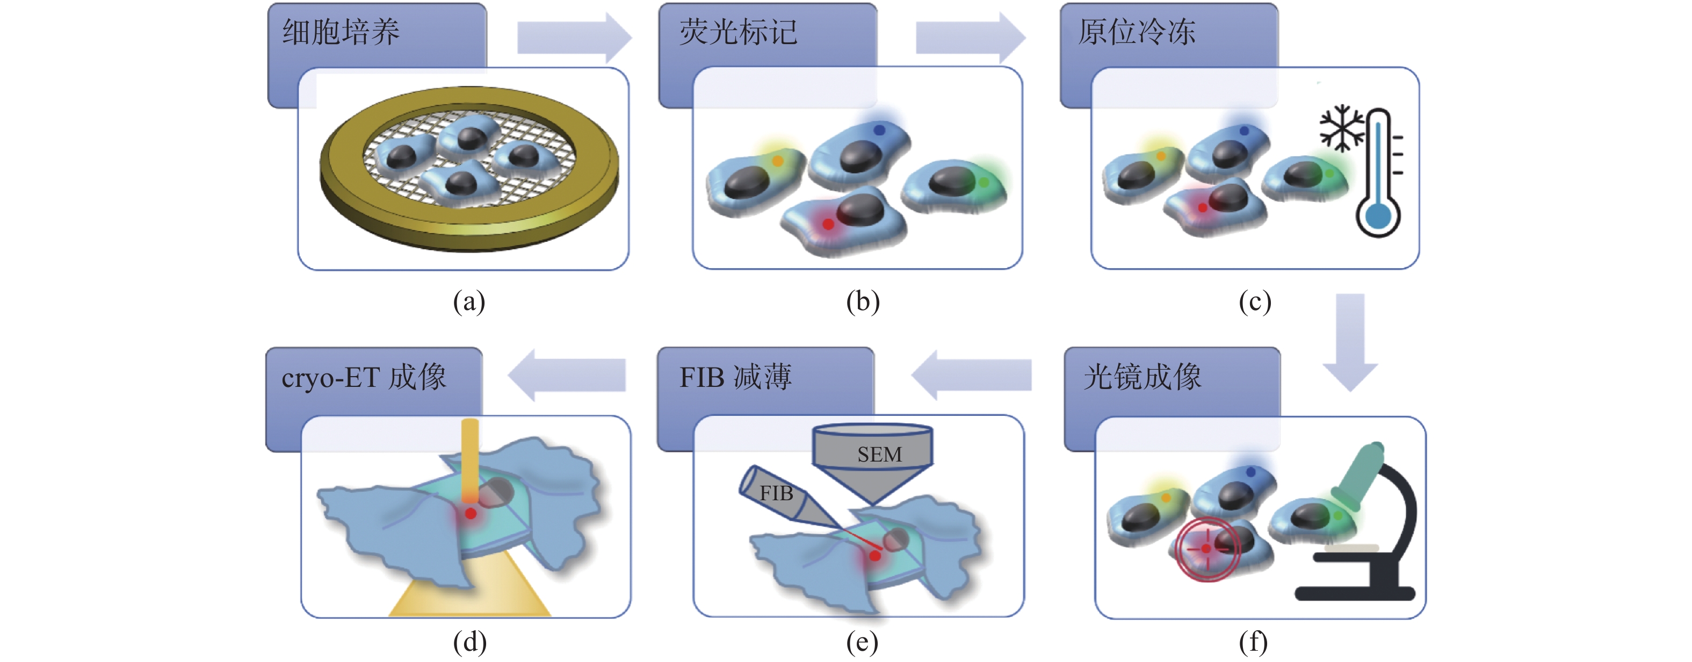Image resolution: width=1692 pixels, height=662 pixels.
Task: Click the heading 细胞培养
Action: coord(341,32)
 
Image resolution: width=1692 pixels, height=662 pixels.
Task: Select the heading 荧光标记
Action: coord(738,32)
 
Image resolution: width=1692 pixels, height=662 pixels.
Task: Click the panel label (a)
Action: coord(469,301)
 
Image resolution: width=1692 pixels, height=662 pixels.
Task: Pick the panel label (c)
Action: coord(1255,301)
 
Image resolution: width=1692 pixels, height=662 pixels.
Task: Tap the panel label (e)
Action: coord(862,642)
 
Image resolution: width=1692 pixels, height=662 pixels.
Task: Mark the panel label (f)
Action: coord(1253,642)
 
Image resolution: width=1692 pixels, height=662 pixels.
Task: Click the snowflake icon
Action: coord(1342,127)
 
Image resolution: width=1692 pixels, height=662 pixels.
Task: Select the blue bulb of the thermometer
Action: coord(1378,215)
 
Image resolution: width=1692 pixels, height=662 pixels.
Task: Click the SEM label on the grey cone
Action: coord(879,455)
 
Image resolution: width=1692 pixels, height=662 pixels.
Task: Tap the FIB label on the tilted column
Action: coord(776,493)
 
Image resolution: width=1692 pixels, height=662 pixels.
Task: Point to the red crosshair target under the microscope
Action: coord(1206,549)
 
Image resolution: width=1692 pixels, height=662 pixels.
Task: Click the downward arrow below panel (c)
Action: coord(1350,342)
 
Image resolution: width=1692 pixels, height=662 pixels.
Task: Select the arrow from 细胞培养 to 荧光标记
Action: coord(574,38)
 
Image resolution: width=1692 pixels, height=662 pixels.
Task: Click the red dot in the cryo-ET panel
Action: coord(471,514)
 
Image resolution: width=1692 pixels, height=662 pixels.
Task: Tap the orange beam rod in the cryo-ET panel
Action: coord(469,460)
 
